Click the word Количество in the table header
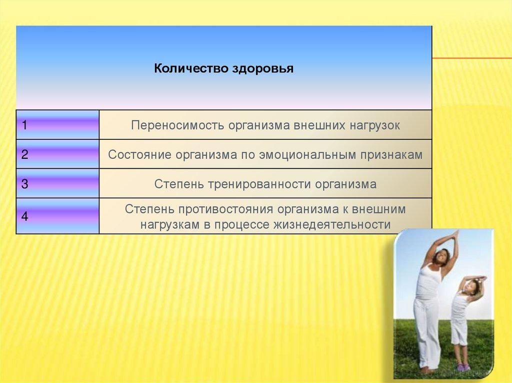[191, 68]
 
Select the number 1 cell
[58, 125]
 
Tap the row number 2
[25, 154]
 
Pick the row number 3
[25, 184]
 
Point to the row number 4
[25, 216]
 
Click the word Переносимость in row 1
[177, 126]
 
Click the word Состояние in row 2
[139, 155]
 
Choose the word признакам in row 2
[391, 155]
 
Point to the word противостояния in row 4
[226, 209]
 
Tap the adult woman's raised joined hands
[454, 234]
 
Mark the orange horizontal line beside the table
[472, 58]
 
